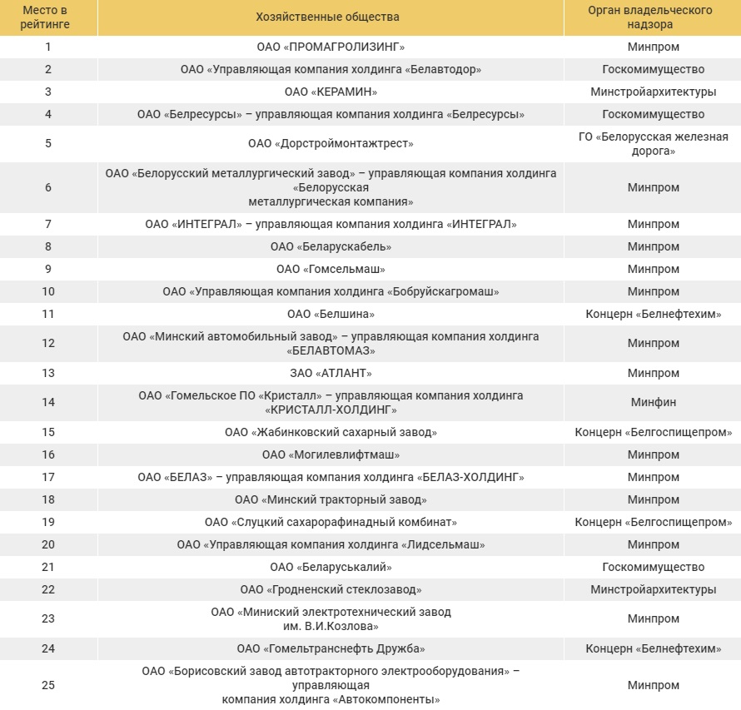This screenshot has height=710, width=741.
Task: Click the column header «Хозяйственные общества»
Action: pyautogui.click(x=331, y=17)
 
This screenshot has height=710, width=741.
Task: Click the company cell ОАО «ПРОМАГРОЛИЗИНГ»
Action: pyautogui.click(x=331, y=47)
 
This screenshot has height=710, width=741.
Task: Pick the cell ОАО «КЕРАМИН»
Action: pyautogui.click(x=331, y=92)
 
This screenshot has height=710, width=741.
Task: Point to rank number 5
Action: pyautogui.click(x=48, y=143)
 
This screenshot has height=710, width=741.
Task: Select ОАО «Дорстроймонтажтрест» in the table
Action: pyautogui.click(x=331, y=143)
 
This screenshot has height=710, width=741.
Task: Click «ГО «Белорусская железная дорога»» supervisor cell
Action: pyautogui.click(x=653, y=143)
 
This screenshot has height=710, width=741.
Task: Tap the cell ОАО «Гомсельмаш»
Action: pyautogui.click(x=331, y=269)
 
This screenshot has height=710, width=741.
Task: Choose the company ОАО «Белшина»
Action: pyautogui.click(x=331, y=314)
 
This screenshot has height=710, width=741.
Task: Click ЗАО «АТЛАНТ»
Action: pyautogui.click(x=331, y=373)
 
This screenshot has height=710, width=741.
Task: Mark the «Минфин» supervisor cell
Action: pyautogui.click(x=653, y=402)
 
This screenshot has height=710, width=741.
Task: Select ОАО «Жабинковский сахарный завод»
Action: pyautogui.click(x=331, y=433)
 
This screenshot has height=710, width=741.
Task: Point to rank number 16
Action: pyautogui.click(x=48, y=455)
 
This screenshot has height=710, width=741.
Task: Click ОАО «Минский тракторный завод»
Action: pyautogui.click(x=331, y=500)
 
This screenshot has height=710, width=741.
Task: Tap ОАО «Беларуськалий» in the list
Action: pyautogui.click(x=331, y=568)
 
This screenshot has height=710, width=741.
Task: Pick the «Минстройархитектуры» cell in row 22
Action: pyautogui.click(x=653, y=590)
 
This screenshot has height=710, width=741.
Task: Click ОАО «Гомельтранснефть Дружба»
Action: pyautogui.click(x=331, y=649)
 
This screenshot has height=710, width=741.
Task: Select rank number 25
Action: pyautogui.click(x=48, y=685)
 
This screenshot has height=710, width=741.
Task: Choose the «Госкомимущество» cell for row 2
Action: pyautogui.click(x=653, y=70)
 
